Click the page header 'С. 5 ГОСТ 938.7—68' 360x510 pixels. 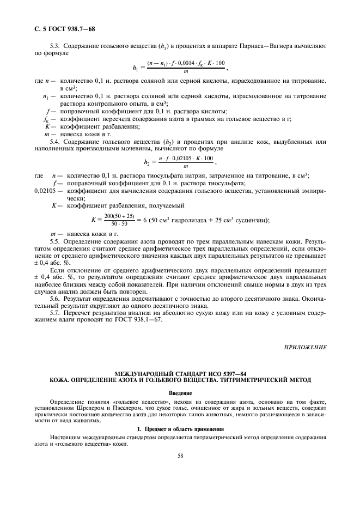65,28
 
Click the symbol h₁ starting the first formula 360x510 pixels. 136,68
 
